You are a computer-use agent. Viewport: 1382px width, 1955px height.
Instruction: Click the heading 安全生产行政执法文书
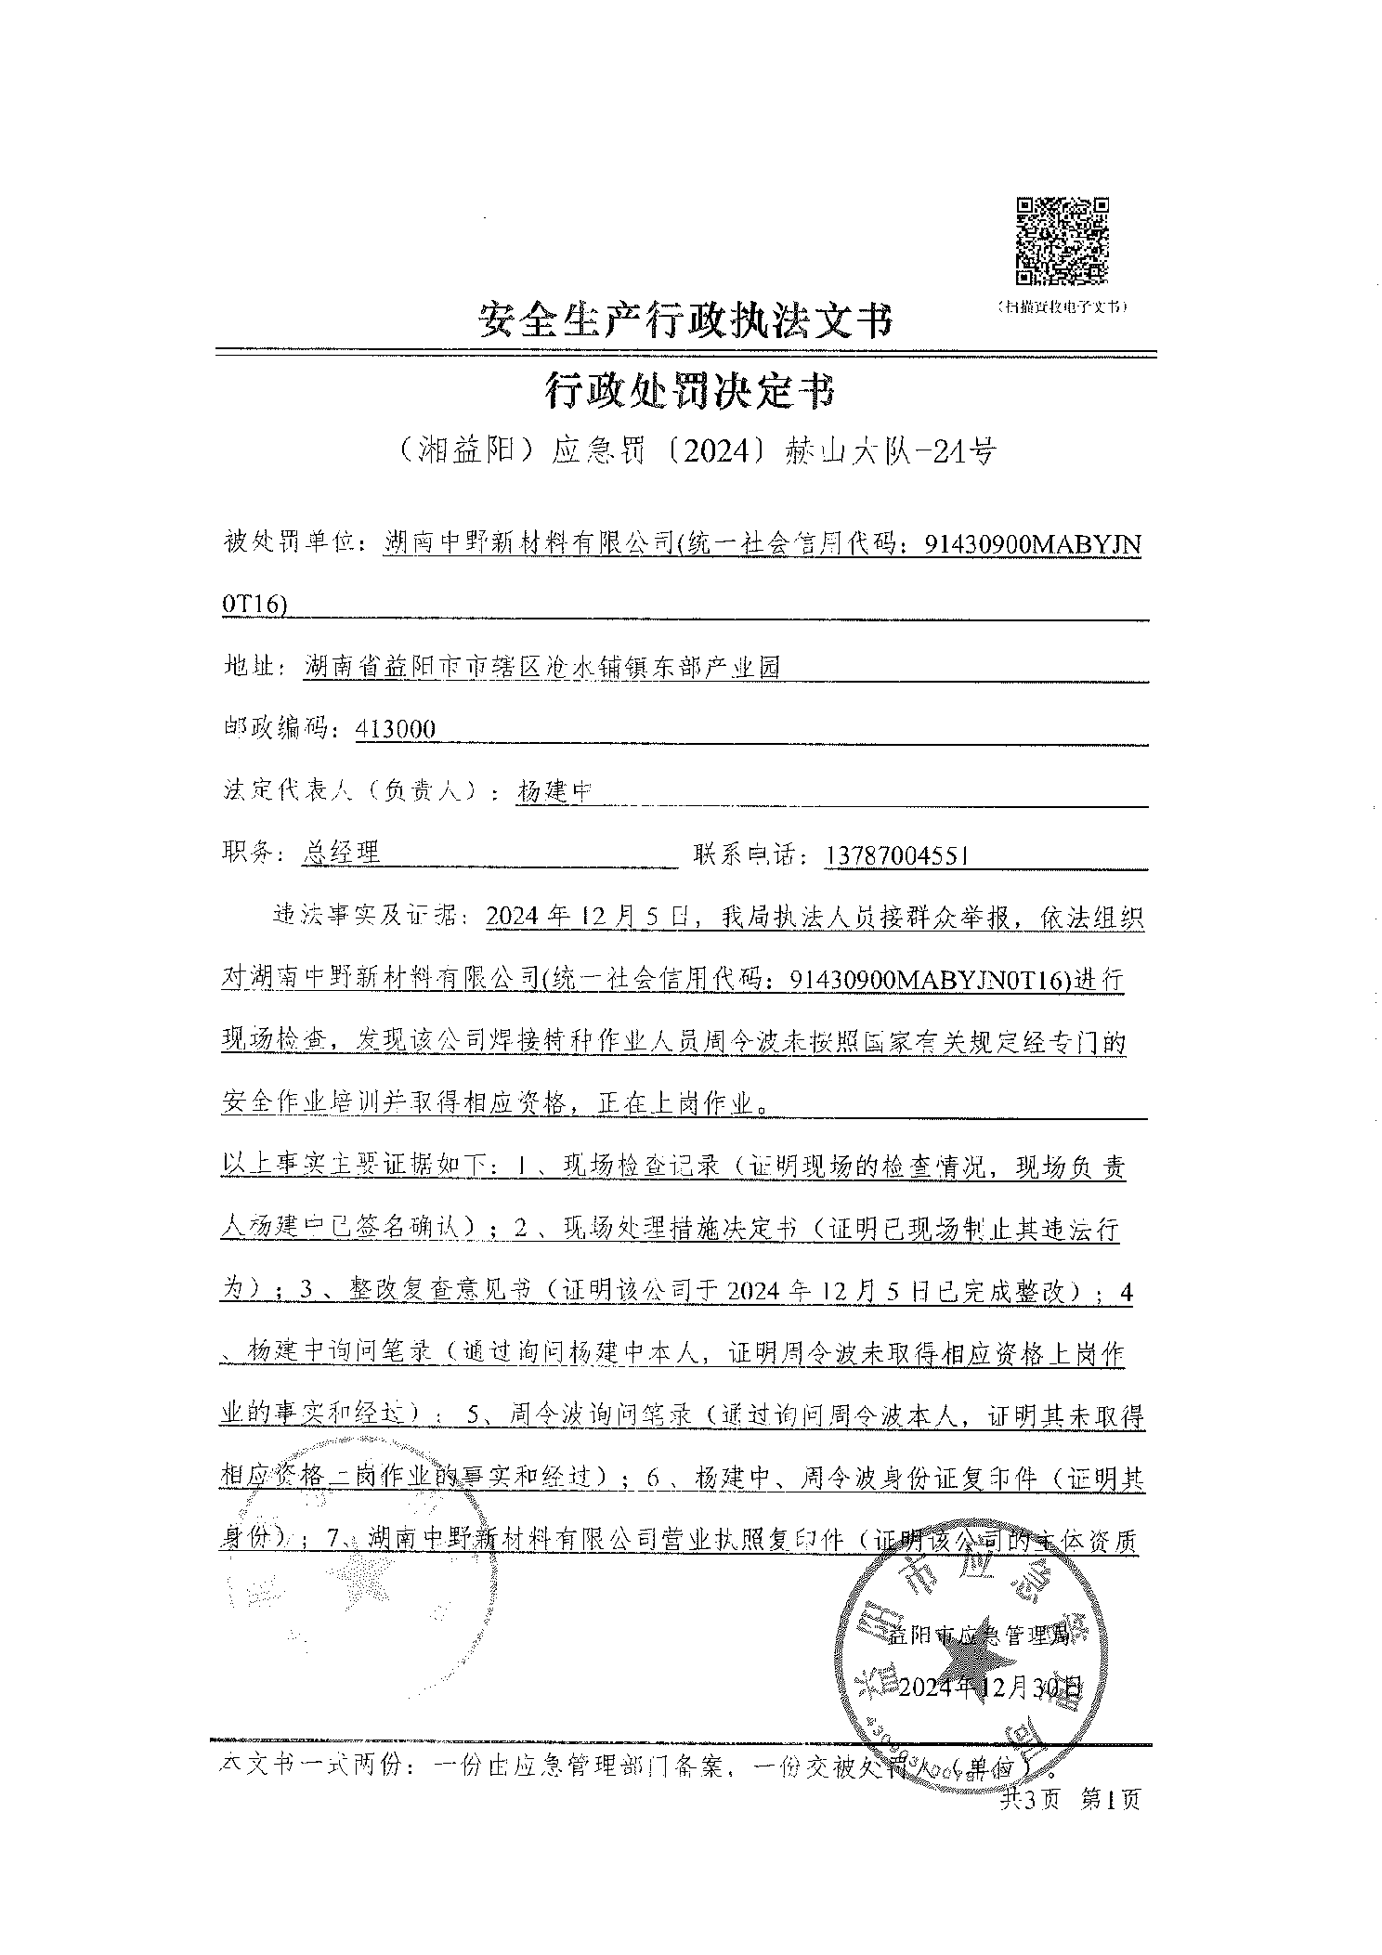(x=685, y=321)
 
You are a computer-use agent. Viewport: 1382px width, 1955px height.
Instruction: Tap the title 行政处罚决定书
(x=688, y=392)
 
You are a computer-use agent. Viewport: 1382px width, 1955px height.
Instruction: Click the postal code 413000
(x=396, y=729)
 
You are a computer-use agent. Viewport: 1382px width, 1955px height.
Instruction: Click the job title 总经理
(x=342, y=854)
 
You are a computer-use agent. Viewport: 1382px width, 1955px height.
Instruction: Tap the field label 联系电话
(x=749, y=854)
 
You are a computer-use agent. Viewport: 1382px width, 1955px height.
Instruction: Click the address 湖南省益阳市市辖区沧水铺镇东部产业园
(x=542, y=667)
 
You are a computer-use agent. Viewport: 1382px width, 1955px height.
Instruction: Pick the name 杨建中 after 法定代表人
(x=554, y=791)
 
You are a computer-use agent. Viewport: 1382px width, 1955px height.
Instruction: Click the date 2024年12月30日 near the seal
(x=991, y=1686)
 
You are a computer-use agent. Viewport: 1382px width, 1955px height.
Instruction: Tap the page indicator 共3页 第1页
(x=1070, y=1799)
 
